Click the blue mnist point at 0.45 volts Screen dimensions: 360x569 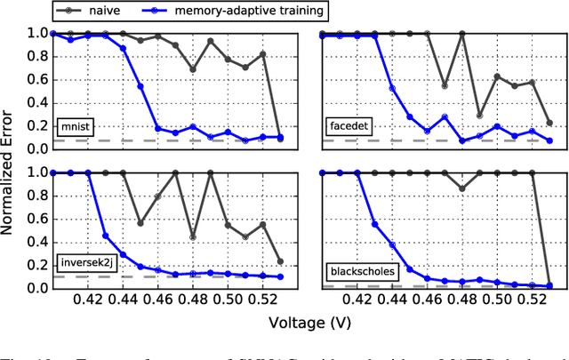click(x=140, y=86)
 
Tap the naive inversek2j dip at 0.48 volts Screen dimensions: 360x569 click(x=193, y=236)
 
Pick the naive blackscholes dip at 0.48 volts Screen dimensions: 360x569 click(x=461, y=188)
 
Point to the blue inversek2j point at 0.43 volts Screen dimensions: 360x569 click(x=106, y=236)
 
